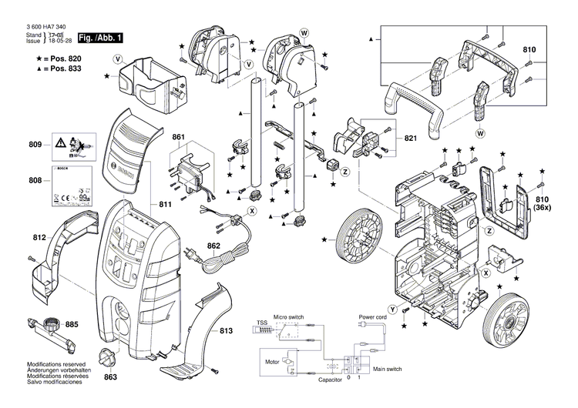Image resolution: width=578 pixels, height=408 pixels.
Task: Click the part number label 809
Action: pos(35,145)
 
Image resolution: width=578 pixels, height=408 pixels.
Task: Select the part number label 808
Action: pos(35,181)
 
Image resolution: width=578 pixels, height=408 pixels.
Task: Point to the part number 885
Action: pos(71,324)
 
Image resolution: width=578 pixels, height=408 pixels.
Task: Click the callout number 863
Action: pos(110,378)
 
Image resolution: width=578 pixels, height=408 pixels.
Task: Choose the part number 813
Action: pos(226,330)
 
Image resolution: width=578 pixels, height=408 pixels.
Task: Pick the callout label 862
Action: pos(213,246)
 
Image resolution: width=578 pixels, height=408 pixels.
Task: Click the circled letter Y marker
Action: pos(392,309)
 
